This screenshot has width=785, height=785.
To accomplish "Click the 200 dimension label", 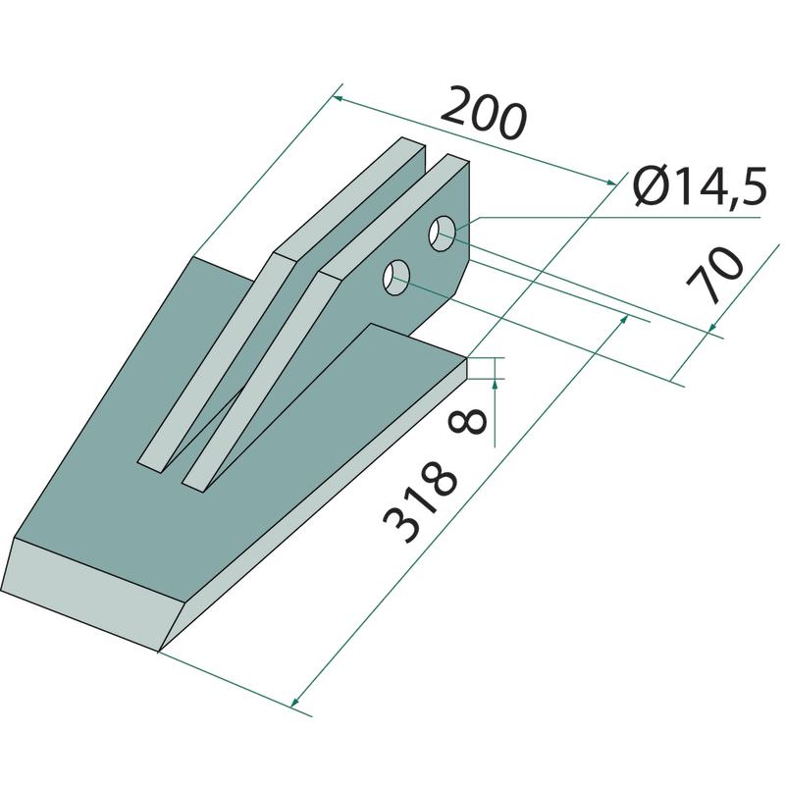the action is click(x=484, y=114).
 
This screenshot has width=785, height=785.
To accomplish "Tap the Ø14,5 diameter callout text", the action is click(x=700, y=186).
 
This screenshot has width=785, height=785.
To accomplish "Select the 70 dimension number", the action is click(x=715, y=275).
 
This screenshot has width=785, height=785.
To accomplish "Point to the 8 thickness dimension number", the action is click(x=468, y=421).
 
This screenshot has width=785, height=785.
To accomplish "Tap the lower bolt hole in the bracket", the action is click(x=396, y=278).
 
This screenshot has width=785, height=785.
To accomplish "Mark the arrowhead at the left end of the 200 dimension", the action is click(x=338, y=99).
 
